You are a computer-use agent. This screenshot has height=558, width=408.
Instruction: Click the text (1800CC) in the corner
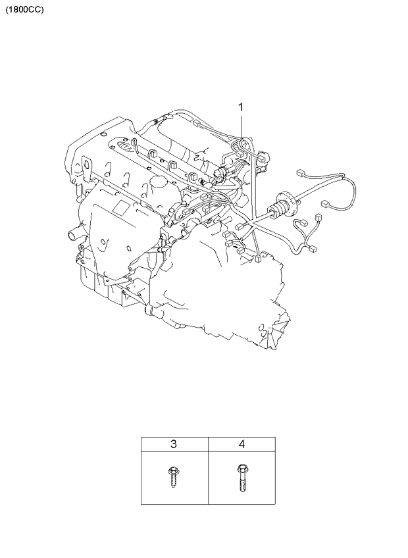click(24, 10)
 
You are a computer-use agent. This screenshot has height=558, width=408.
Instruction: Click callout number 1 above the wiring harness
click(241, 107)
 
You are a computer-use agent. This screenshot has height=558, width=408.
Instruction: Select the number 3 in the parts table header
click(174, 444)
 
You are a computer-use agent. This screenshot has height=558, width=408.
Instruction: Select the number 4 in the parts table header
click(242, 444)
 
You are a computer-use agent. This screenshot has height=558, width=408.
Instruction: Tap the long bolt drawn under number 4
click(242, 478)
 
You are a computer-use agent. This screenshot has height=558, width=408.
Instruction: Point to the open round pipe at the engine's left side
click(73, 236)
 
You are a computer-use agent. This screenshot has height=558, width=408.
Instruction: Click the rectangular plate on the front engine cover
click(121, 207)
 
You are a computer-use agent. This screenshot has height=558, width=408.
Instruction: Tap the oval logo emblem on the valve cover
click(124, 146)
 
